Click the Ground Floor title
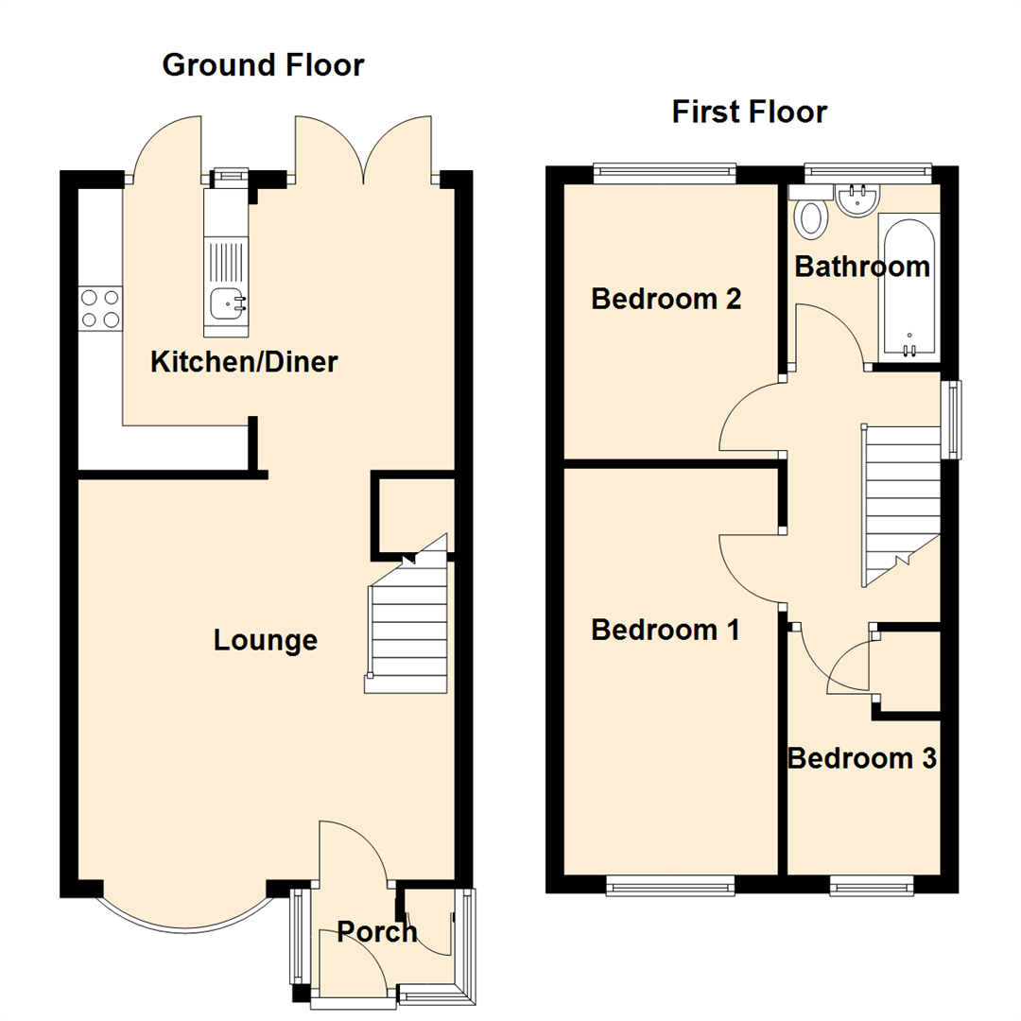pyautogui.click(x=263, y=65)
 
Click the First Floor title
pyautogui.click(x=749, y=112)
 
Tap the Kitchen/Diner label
pyautogui.click(x=244, y=361)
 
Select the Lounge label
pyautogui.click(x=265, y=640)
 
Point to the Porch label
pyautogui.click(x=377, y=932)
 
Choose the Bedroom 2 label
pyautogui.click(x=665, y=300)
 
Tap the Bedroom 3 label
pyautogui.click(x=861, y=758)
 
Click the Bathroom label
pyautogui.click(x=861, y=267)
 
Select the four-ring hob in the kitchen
pyautogui.click(x=101, y=308)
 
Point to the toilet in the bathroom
pyautogui.click(x=811, y=217)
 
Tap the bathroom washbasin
pyautogui.click(x=858, y=199)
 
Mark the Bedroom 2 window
pyautogui.click(x=665, y=171)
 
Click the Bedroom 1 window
pyautogui.click(x=670, y=885)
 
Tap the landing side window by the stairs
pyautogui.click(x=952, y=419)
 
